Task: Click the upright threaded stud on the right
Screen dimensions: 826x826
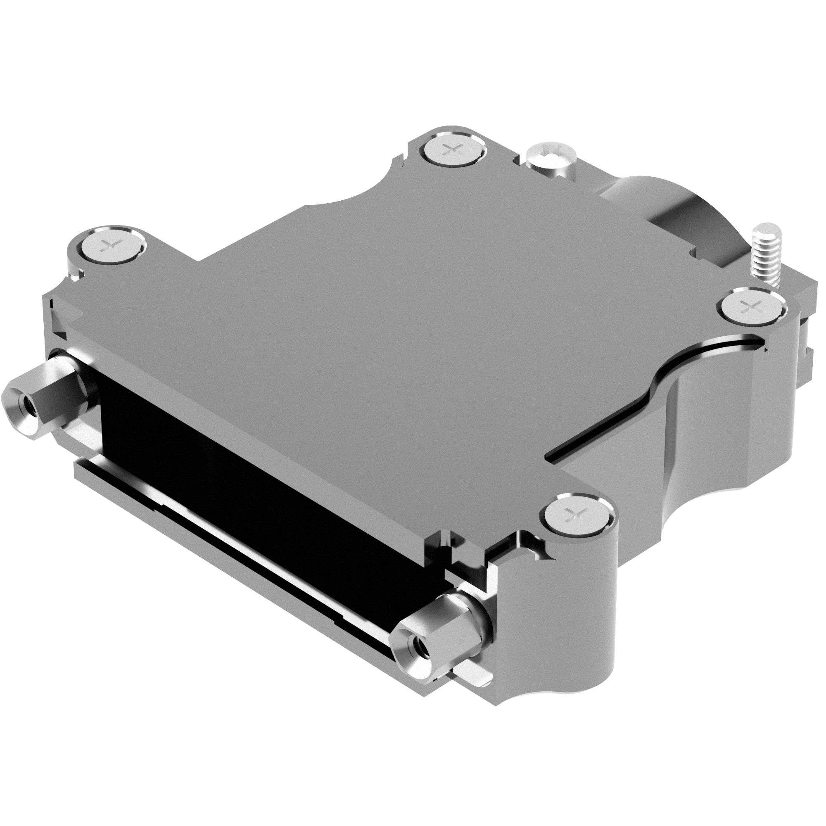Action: pos(764,252)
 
